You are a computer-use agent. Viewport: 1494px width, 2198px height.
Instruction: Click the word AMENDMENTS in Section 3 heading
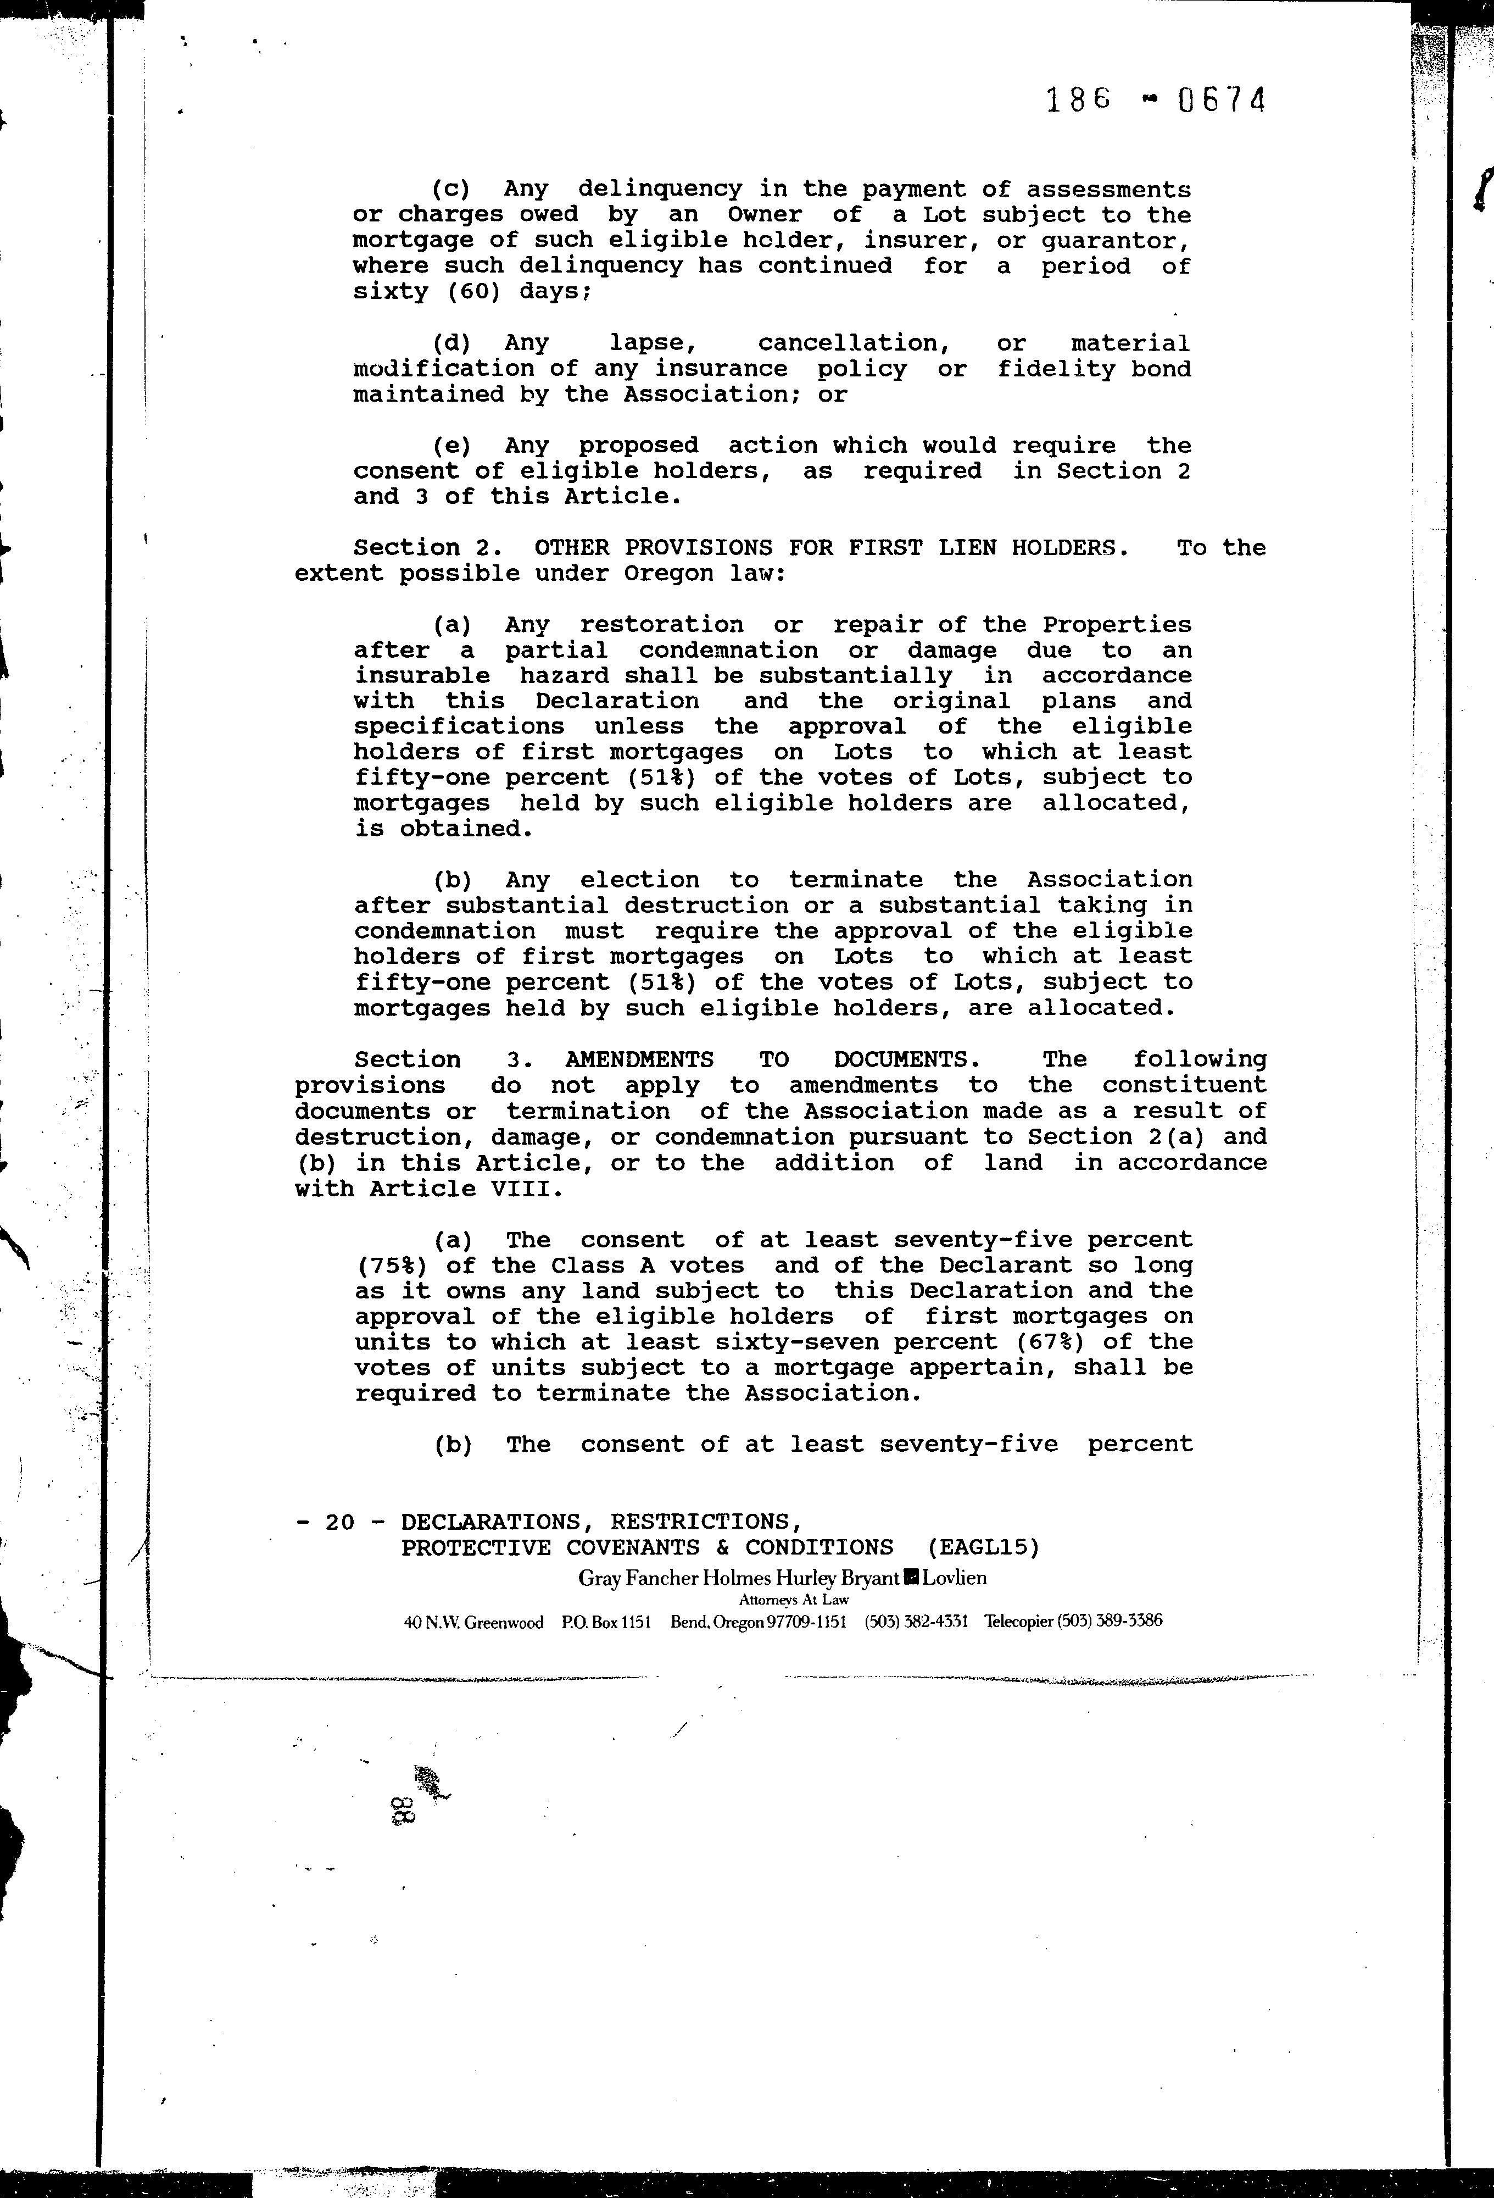tap(639, 1059)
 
